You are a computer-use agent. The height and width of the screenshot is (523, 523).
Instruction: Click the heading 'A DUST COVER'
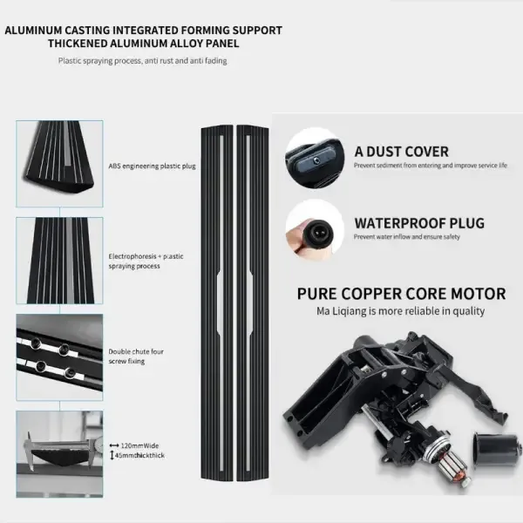click(401, 152)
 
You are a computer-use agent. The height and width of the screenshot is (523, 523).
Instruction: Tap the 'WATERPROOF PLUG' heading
click(419, 223)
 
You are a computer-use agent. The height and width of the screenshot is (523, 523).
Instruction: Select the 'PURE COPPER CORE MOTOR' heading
click(401, 294)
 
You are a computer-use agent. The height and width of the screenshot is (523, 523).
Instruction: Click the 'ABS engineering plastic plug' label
click(152, 166)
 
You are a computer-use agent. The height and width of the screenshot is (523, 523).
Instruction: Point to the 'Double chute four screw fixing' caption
click(136, 357)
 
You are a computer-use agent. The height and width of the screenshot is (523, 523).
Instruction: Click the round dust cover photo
click(315, 159)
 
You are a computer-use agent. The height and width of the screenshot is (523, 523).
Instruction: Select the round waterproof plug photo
click(315, 230)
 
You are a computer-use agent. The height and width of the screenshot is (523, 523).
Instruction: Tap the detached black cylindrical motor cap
click(497, 451)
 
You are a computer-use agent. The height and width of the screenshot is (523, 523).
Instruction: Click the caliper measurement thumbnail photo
click(59, 454)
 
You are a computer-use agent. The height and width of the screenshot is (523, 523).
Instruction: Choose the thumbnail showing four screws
click(59, 357)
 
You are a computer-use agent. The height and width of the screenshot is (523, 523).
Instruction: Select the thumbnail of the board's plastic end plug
click(59, 164)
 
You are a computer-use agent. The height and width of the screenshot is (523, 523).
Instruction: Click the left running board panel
click(217, 302)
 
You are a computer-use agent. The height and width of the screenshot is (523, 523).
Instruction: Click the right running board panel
click(253, 302)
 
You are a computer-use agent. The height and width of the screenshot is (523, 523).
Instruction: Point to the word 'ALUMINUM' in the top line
click(33, 31)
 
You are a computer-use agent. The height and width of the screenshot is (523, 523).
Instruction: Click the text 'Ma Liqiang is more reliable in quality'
click(401, 311)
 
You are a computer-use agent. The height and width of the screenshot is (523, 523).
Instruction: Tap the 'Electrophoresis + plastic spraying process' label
click(146, 261)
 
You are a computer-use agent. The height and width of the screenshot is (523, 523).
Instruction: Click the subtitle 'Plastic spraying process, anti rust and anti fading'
click(143, 61)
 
